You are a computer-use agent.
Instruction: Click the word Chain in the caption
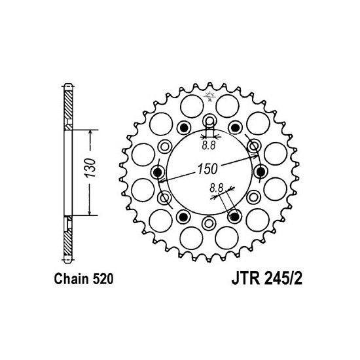tap(71, 279)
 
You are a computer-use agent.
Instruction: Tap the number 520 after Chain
tap(103, 279)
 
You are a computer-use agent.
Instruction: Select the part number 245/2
tap(283, 279)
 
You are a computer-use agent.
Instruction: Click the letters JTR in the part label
tap(245, 279)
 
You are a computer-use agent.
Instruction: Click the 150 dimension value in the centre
tap(207, 169)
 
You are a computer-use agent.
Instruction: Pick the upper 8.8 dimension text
tap(209, 145)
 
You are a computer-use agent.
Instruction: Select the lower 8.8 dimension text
tap(216, 189)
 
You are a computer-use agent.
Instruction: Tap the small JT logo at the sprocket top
tap(209, 96)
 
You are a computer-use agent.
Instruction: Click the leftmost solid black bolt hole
tap(158, 171)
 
